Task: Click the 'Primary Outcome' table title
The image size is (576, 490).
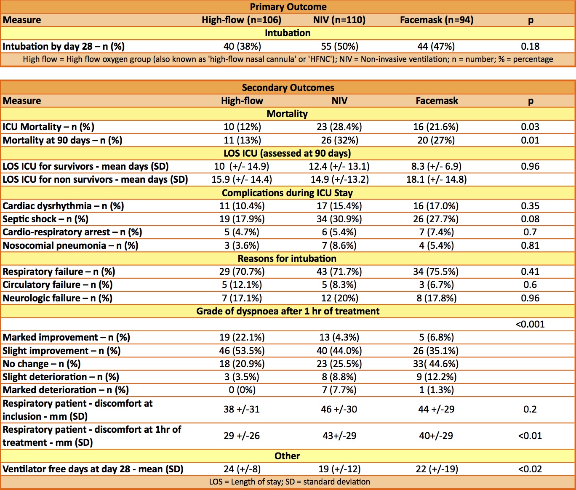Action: click(x=288, y=7)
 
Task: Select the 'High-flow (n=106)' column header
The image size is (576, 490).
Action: click(x=241, y=20)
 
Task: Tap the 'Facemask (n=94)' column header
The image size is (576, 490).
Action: click(x=437, y=20)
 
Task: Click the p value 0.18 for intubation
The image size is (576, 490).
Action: click(x=530, y=46)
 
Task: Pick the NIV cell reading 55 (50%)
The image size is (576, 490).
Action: click(x=339, y=46)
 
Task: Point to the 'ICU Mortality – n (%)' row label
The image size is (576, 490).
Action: click(x=48, y=127)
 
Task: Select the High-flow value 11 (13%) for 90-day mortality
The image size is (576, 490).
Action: click(x=242, y=140)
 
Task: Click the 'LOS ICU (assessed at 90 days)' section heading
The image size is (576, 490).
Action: click(x=287, y=153)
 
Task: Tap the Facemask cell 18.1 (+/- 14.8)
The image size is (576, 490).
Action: click(x=436, y=180)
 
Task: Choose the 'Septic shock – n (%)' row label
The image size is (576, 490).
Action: click(x=45, y=219)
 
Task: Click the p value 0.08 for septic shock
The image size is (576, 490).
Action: click(x=530, y=219)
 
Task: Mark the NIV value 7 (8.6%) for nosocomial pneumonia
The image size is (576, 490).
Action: click(x=339, y=245)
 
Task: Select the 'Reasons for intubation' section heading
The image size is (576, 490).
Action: click(x=287, y=258)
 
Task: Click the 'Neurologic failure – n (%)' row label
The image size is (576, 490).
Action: click(x=57, y=298)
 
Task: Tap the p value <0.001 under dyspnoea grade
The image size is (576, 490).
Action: click(x=530, y=324)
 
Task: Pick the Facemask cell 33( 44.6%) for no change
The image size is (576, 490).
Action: click(x=436, y=364)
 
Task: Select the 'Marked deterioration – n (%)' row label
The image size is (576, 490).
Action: click(x=66, y=390)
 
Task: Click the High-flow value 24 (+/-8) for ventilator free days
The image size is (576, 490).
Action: click(x=242, y=469)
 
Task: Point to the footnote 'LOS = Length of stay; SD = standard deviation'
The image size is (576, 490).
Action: click(x=290, y=482)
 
